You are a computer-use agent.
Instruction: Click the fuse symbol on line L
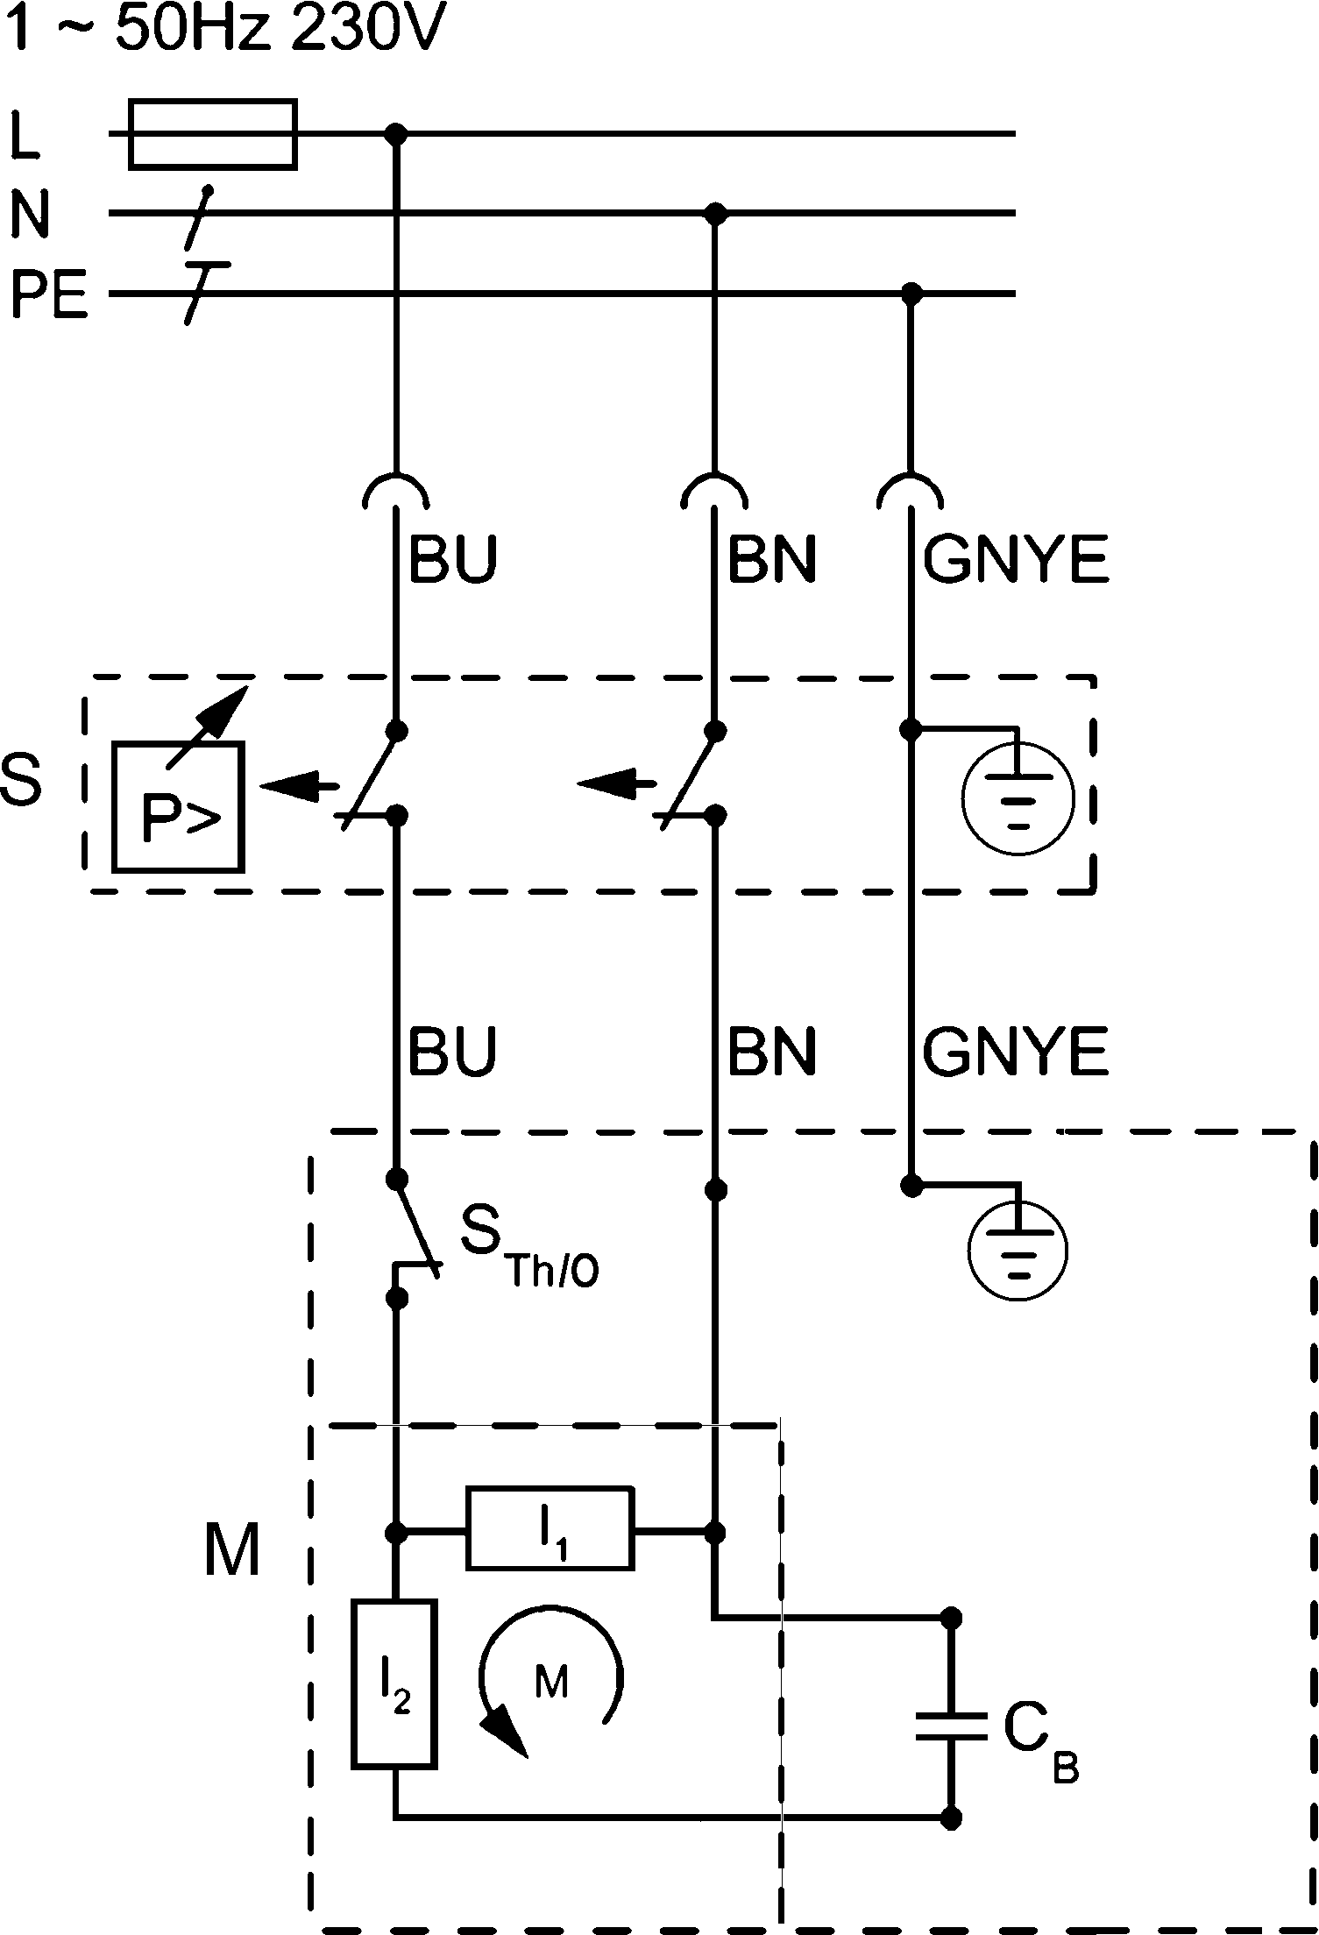coord(212,134)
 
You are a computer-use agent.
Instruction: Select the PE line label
coord(50,295)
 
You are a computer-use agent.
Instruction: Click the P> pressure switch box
coord(179,807)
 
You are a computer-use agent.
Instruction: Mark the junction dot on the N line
coord(717,213)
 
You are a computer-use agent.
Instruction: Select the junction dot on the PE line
coord(912,293)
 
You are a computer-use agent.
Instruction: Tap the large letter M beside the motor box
coord(232,1549)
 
